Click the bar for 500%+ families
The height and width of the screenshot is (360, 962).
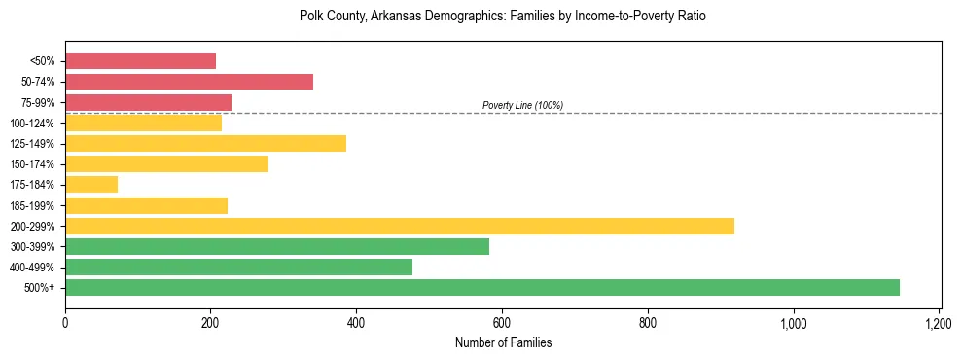point(482,287)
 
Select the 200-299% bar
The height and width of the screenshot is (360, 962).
point(400,226)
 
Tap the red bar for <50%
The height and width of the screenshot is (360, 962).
point(140,61)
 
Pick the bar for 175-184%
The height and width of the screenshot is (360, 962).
point(91,185)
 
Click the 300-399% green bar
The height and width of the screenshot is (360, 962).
point(277,246)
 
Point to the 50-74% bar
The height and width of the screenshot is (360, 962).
point(189,82)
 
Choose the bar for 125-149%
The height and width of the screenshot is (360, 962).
point(205,144)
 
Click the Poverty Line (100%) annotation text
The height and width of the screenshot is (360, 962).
point(522,105)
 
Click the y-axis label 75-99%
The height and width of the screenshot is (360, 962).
point(38,103)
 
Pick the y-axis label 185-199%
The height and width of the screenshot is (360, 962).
point(35,206)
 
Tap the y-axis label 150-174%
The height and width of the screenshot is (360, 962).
point(35,164)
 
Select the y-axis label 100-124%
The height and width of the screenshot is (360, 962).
point(35,124)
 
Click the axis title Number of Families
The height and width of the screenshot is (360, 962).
point(503,342)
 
